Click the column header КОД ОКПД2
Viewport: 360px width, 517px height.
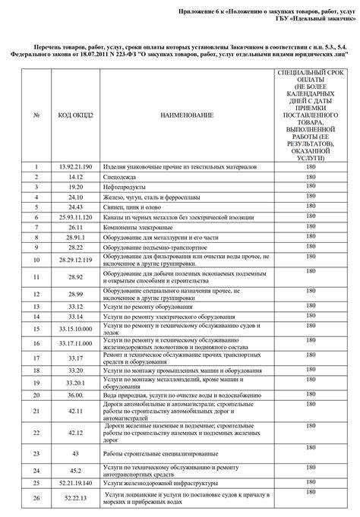[x=74, y=115]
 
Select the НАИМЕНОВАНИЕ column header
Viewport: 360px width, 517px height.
[x=186, y=115]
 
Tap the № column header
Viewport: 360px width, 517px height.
[x=36, y=115]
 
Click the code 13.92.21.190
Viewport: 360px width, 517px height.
[x=74, y=166]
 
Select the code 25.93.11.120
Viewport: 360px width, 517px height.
[x=74, y=216]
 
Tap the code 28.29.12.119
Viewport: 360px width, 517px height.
[x=74, y=260]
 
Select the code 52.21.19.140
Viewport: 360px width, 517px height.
[x=74, y=482]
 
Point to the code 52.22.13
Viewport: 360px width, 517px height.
[x=74, y=497]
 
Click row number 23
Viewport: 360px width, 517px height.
[x=36, y=453]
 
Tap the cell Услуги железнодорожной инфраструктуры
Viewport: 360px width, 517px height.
[x=153, y=482]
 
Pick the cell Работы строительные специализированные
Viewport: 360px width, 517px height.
[x=153, y=453]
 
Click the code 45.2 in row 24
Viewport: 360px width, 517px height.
[x=74, y=470]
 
